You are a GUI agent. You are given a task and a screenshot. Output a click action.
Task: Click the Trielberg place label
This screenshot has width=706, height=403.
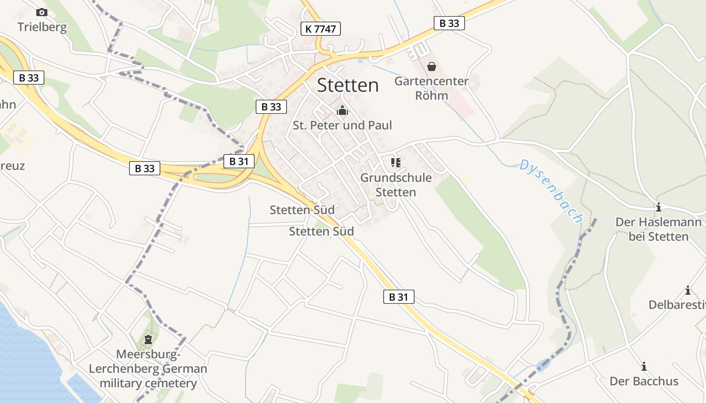pyautogui.click(x=42, y=27)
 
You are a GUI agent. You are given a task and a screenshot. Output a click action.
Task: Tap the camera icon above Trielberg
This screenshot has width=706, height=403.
pyautogui.click(x=42, y=12)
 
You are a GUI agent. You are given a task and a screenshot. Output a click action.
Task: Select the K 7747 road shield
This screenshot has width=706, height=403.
pyautogui.click(x=320, y=29)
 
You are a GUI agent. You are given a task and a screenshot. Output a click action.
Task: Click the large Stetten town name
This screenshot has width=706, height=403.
pyautogui.click(x=348, y=85)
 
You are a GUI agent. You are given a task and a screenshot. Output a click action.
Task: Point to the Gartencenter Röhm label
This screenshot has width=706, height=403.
pyautogui.click(x=432, y=88)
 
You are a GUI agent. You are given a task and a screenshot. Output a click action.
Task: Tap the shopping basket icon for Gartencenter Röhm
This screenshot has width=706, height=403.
pyautogui.click(x=432, y=66)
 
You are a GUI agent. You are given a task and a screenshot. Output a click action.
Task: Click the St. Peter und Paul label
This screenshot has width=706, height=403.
pyautogui.click(x=342, y=125)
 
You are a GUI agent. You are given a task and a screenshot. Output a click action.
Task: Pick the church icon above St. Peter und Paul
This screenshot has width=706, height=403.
pyautogui.click(x=342, y=110)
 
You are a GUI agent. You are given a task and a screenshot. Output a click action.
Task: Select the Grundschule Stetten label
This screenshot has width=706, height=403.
pyautogui.click(x=396, y=185)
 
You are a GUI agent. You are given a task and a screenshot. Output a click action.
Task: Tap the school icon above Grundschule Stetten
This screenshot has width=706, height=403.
pyautogui.click(x=396, y=163)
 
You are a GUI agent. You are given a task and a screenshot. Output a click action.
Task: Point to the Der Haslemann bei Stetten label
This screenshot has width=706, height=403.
pyautogui.click(x=658, y=229)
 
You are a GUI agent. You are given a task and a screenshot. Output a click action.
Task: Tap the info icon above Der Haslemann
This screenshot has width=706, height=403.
pyautogui.click(x=658, y=207)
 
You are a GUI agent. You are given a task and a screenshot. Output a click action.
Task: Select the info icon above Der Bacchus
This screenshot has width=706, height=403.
pyautogui.click(x=643, y=366)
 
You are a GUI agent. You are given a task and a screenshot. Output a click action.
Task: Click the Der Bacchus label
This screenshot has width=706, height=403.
pyautogui.click(x=644, y=381)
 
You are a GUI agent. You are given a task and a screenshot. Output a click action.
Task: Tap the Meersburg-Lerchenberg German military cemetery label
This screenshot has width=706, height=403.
pyautogui.click(x=148, y=369)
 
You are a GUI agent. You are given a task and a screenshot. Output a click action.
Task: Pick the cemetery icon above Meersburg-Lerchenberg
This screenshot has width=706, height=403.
pyautogui.click(x=148, y=340)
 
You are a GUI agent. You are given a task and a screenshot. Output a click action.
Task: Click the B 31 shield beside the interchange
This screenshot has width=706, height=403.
pyautogui.click(x=239, y=161)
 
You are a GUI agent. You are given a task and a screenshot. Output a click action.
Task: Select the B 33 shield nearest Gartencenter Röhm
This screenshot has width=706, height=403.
pyautogui.click(x=449, y=23)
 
